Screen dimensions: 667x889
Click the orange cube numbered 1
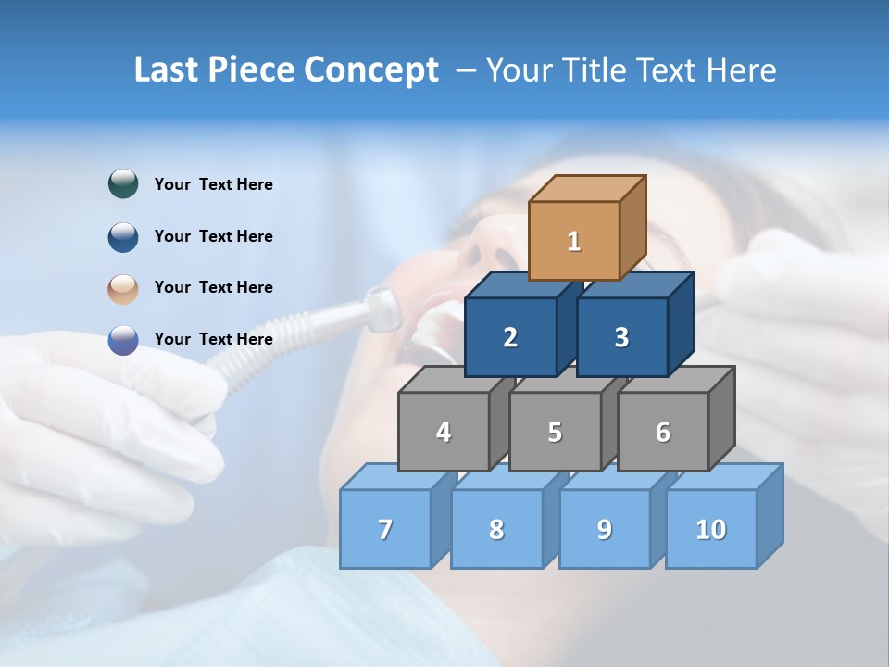click(x=574, y=241)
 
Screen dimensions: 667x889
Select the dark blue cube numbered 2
click(x=510, y=337)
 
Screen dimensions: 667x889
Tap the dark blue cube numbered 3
click(x=621, y=337)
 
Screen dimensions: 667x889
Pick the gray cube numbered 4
click(x=444, y=432)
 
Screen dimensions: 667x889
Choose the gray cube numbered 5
click(x=555, y=432)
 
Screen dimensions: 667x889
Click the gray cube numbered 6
click(x=663, y=432)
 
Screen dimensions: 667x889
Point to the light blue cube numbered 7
click(x=385, y=529)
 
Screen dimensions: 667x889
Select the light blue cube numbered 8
click(x=496, y=529)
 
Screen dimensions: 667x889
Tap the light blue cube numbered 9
click(x=605, y=529)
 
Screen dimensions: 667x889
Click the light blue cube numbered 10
click(x=711, y=529)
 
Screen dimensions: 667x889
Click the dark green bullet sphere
click(x=123, y=184)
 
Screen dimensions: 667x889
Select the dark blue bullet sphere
click(x=123, y=236)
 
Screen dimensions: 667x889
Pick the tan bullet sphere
click(x=123, y=288)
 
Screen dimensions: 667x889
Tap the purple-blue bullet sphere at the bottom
click(x=123, y=340)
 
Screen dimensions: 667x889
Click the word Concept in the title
click(x=371, y=70)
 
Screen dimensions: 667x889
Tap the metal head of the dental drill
click(x=380, y=308)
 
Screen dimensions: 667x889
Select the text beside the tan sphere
click(x=214, y=287)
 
